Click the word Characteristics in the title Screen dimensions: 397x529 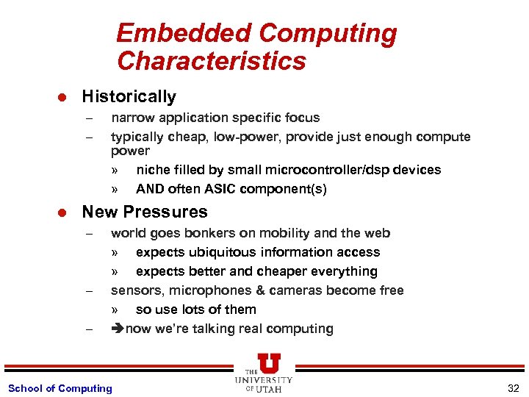tap(211, 61)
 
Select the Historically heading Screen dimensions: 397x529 tap(129, 96)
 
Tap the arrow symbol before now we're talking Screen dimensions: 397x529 tap(118, 329)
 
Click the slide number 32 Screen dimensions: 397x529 tap(512, 388)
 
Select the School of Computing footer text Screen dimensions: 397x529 tap(60, 388)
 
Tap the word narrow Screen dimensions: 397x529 tap(130, 117)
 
